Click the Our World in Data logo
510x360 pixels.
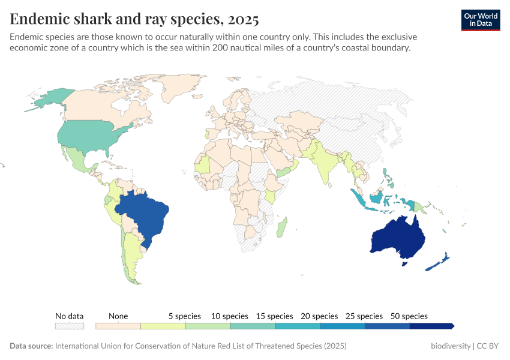coord(481,20)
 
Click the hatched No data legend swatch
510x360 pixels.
coord(70,326)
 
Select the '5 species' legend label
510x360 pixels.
coord(184,316)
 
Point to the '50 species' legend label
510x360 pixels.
coord(409,316)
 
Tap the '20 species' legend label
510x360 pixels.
coord(319,316)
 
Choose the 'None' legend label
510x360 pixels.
coord(118,316)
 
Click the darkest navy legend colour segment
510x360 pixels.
coord(431,326)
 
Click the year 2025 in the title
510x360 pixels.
coord(244,20)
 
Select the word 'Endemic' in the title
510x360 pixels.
coord(37,20)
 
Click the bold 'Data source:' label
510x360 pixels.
coord(31,346)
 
